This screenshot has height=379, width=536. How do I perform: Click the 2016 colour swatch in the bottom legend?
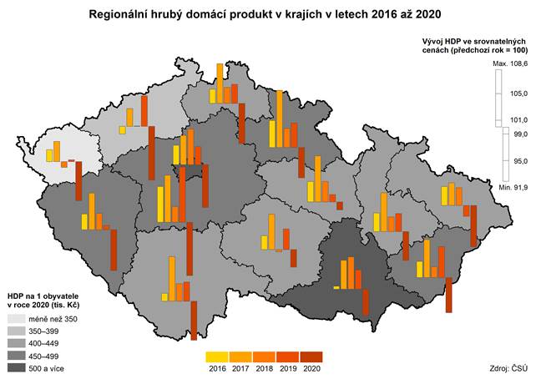pyautogui.click(x=218, y=356)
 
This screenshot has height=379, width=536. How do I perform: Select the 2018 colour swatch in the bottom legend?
pyautogui.click(x=265, y=356)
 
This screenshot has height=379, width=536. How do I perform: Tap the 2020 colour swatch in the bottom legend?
pyautogui.click(x=311, y=356)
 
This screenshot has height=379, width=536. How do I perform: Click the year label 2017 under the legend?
pyautogui.click(x=241, y=367)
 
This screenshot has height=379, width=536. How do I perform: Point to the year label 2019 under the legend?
pyautogui.click(x=288, y=367)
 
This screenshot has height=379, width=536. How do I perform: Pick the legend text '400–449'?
pyautogui.click(x=45, y=343)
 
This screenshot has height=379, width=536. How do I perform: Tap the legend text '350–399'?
pyautogui.click(x=45, y=331)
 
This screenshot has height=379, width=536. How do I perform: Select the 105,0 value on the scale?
pyautogui.click(x=519, y=94)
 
